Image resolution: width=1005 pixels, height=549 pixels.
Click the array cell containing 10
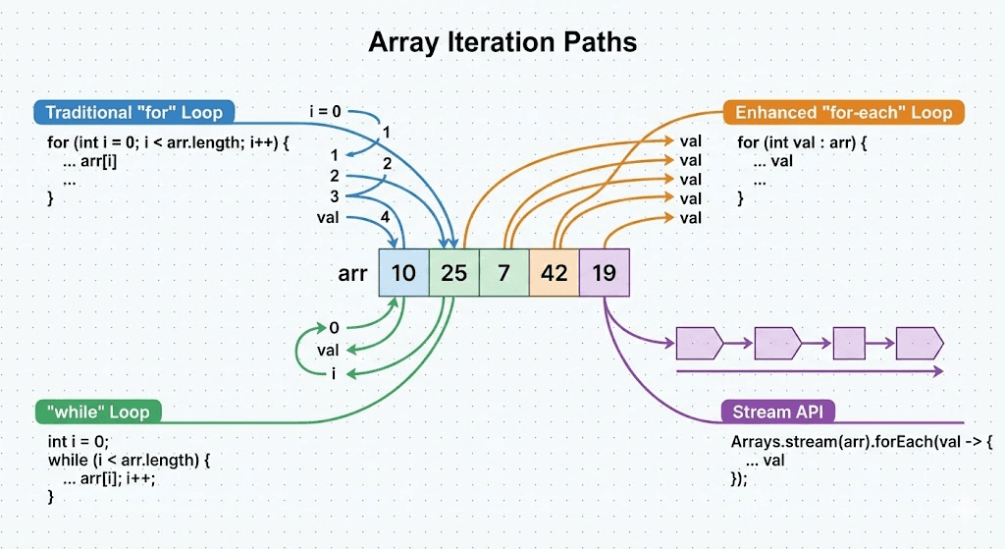[x=403, y=272]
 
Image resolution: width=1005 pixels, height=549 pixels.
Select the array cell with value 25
[x=453, y=272]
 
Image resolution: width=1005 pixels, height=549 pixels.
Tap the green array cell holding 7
[x=503, y=272]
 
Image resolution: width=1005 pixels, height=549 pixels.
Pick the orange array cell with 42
[x=554, y=272]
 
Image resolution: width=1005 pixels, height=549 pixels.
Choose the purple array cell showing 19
[x=604, y=272]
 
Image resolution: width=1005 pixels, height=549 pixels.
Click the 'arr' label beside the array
[x=352, y=274]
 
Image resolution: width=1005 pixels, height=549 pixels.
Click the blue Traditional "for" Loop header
[x=133, y=112]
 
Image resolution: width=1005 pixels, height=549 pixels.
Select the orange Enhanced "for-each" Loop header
[x=843, y=112]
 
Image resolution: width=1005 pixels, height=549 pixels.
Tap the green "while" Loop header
[x=97, y=411]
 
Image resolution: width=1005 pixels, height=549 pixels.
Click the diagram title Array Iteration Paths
[x=502, y=42]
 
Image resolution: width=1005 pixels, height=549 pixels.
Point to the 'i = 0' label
[x=325, y=112]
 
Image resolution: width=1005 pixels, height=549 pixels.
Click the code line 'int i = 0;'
[x=79, y=442]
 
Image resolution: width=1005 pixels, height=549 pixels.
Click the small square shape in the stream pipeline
[x=848, y=344]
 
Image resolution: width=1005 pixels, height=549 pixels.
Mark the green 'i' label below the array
[x=334, y=373]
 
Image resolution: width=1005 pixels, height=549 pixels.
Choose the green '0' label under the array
[x=334, y=328]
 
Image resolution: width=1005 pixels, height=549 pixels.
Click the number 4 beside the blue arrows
[x=385, y=216]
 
